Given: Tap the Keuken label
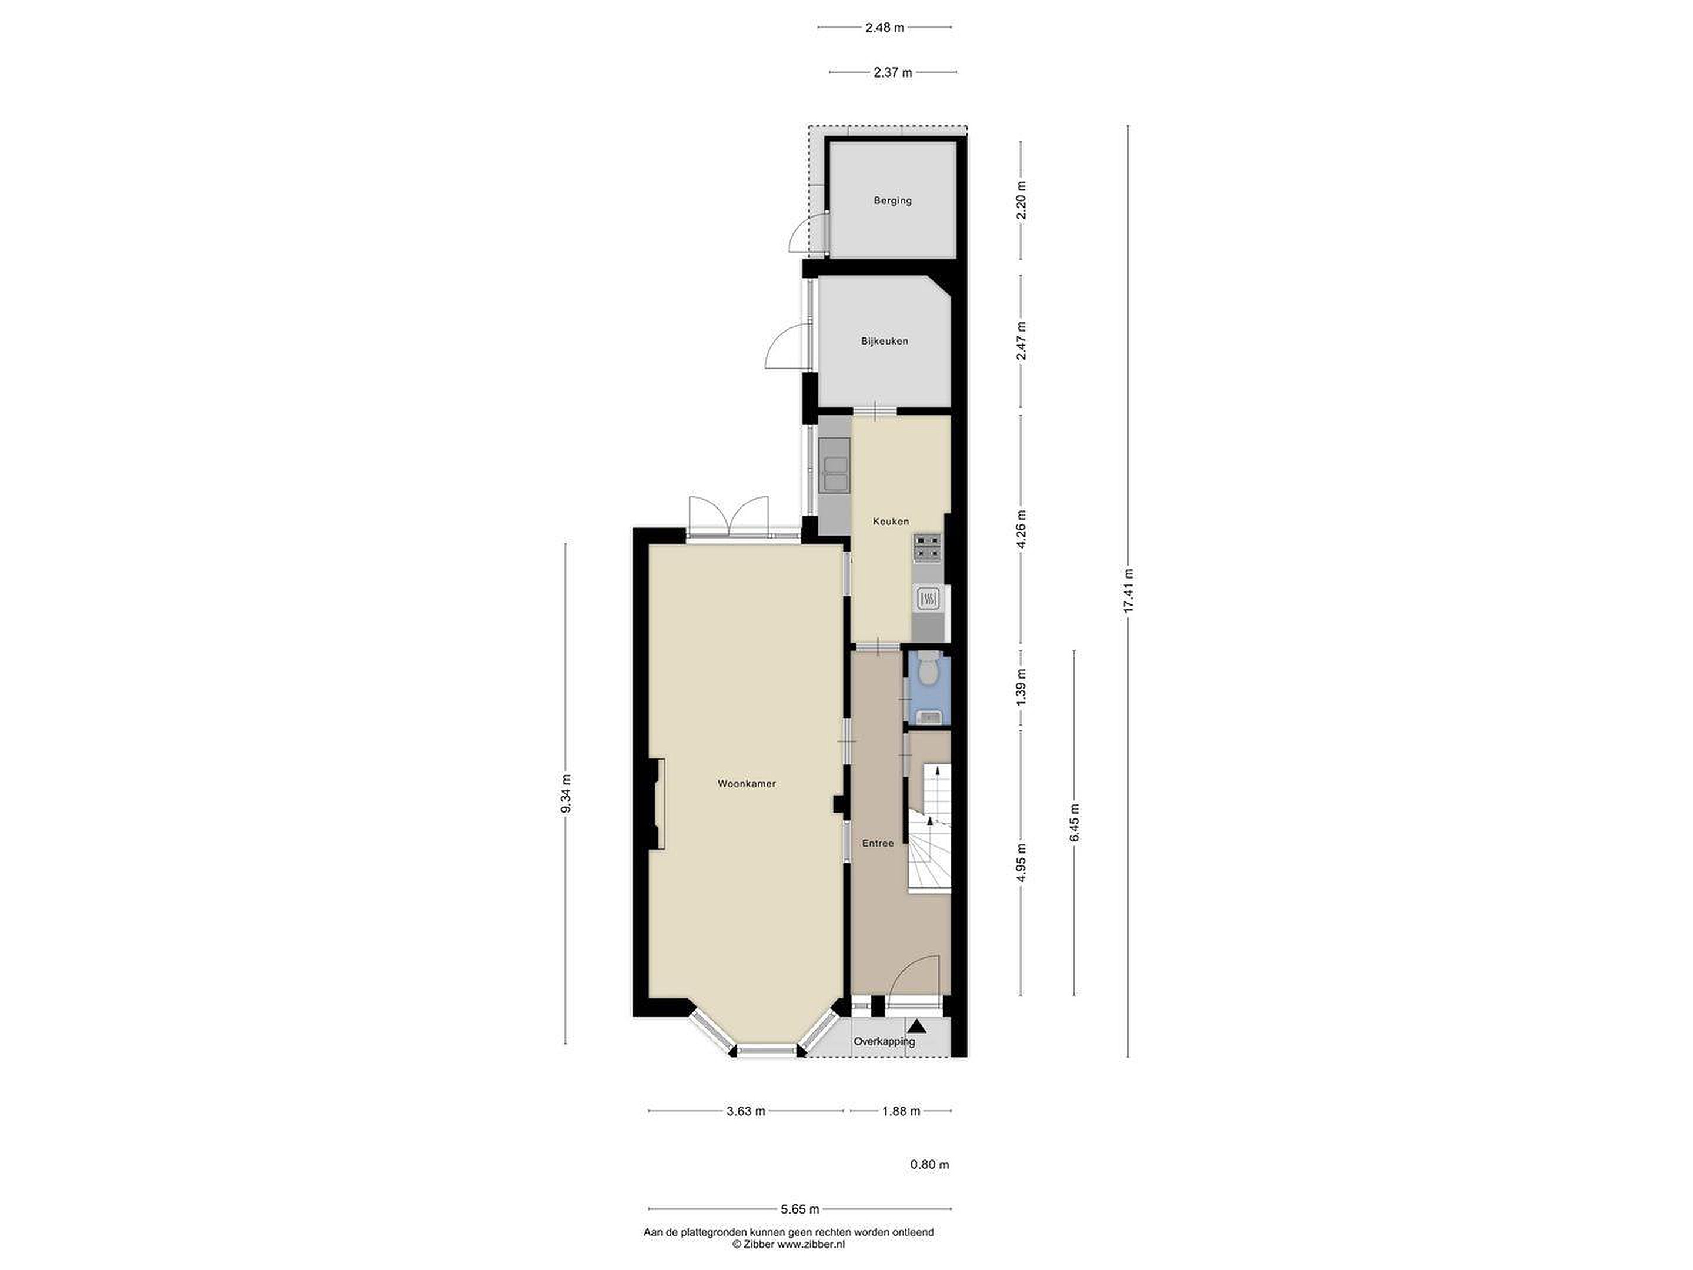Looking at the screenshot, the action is [x=891, y=522].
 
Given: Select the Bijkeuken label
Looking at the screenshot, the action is [x=884, y=340].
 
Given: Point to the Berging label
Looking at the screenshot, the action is [x=892, y=200].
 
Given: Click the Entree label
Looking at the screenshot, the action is [x=878, y=844].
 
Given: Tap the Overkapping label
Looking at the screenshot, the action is [x=884, y=1041].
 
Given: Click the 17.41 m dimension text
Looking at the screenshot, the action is [x=1127, y=591].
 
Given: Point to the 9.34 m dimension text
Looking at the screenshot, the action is [x=566, y=793].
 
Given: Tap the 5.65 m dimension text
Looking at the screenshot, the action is [x=800, y=1231].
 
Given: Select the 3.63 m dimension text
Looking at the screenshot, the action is [x=745, y=1111].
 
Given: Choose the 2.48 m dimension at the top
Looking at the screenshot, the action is [x=884, y=28].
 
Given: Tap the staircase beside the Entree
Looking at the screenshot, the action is [x=929, y=827].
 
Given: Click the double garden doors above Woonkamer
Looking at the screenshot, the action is [x=192, y=517].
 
